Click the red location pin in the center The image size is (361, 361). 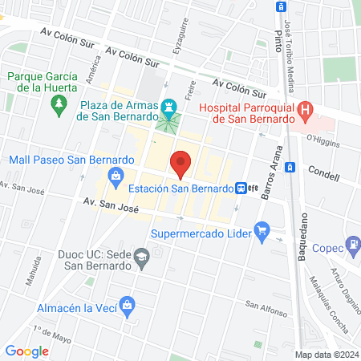tap(181, 163)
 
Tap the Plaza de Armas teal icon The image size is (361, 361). tap(168, 106)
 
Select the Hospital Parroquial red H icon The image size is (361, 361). tap(305, 109)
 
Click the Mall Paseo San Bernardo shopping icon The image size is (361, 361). tap(116, 176)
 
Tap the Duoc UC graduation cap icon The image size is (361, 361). tap(141, 257)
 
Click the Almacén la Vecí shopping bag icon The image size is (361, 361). tap(127, 305)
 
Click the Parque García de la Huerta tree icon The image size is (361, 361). tap(58, 103)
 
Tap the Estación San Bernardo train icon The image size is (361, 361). tap(240, 189)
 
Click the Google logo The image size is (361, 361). tap(26, 351)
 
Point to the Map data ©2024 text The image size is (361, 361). tap(326, 354)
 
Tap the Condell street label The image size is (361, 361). tap(323, 173)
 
